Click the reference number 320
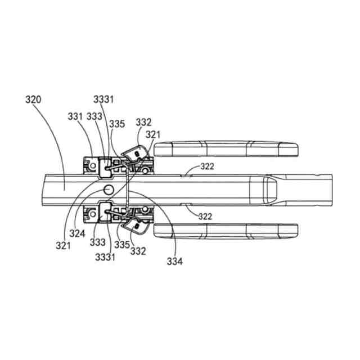(x=33, y=101)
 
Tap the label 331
(x=76, y=117)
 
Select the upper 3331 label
(x=103, y=100)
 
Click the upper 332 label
(x=143, y=122)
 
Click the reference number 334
(x=174, y=261)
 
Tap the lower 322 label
(x=205, y=216)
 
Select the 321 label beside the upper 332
(x=152, y=134)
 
